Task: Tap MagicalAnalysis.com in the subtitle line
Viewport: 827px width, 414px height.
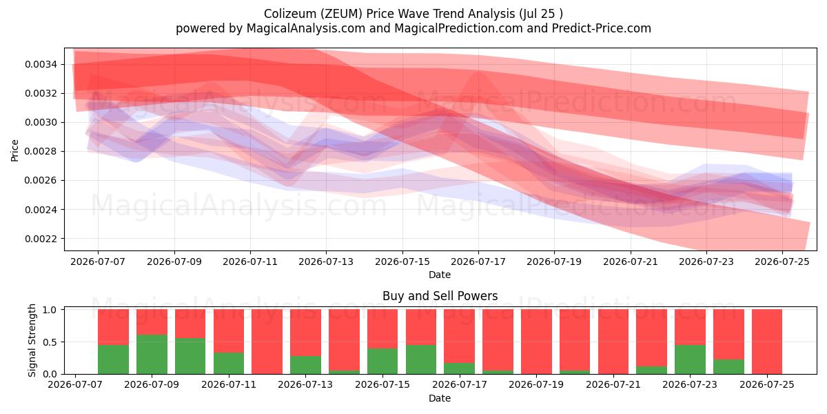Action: (x=306, y=28)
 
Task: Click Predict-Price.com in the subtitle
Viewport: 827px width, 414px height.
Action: (x=602, y=28)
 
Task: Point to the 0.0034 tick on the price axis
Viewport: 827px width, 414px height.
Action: (x=41, y=65)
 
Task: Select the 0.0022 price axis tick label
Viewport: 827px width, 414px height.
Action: (x=41, y=239)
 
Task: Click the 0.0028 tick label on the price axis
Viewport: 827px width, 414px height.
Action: (x=41, y=152)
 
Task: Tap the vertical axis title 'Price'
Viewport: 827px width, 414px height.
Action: (x=14, y=150)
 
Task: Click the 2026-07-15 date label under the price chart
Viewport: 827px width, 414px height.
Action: (x=402, y=262)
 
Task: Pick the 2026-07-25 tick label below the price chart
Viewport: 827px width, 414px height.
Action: (x=782, y=262)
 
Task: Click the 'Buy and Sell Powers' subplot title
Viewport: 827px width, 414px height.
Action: (x=440, y=296)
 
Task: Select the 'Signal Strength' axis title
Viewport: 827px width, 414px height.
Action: (x=32, y=340)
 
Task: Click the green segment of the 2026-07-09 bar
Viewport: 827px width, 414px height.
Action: (x=152, y=354)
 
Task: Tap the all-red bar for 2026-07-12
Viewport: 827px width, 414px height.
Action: (x=267, y=342)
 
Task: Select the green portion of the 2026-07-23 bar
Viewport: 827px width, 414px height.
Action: (x=690, y=359)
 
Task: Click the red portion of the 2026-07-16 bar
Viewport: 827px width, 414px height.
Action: (x=421, y=327)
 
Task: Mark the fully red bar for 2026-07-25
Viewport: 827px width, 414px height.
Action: (x=767, y=342)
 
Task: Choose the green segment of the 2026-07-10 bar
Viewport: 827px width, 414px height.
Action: (x=190, y=356)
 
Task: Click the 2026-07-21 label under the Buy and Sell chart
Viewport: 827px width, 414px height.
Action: (x=613, y=384)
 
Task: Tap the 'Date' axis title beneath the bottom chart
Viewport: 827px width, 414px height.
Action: (x=440, y=398)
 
